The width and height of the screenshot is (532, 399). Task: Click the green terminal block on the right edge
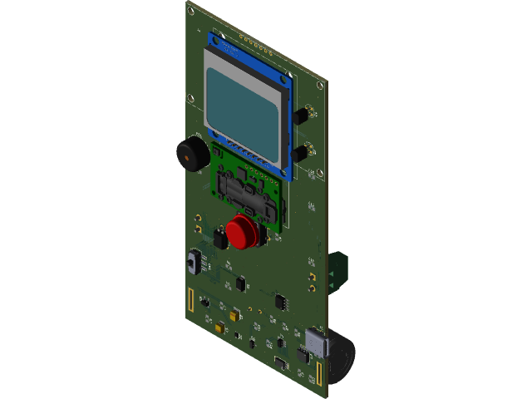tap(339, 271)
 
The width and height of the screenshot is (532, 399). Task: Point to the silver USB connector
tap(317, 342)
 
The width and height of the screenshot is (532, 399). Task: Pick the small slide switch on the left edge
tap(197, 263)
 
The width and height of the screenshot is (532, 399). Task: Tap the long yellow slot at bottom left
tap(190, 300)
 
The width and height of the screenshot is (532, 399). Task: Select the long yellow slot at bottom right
tap(318, 373)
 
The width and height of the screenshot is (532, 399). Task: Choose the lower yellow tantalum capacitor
tap(218, 329)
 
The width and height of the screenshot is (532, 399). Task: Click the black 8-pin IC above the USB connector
tap(280, 301)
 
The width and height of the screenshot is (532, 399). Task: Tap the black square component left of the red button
tap(219, 240)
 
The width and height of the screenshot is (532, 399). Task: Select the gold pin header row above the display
tap(249, 39)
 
